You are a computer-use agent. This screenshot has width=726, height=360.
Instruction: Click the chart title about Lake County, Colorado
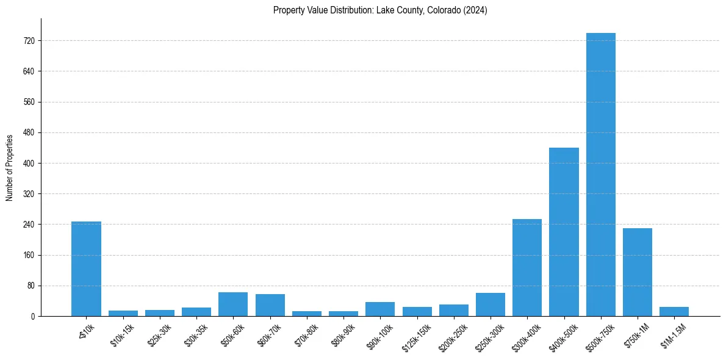click(380, 10)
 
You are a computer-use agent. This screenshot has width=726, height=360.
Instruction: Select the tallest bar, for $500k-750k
click(601, 175)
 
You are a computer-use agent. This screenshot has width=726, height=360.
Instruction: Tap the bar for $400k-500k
click(564, 232)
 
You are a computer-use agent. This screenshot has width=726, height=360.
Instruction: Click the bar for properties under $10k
click(86, 268)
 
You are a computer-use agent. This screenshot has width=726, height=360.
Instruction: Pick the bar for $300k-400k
click(527, 267)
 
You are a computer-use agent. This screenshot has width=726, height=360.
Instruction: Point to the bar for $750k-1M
click(638, 272)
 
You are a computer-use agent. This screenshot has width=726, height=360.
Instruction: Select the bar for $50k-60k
click(233, 304)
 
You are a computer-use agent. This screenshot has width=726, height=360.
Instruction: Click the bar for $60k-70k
click(270, 305)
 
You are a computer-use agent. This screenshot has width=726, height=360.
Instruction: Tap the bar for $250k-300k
click(491, 304)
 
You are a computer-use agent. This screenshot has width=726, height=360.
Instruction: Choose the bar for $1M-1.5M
click(674, 311)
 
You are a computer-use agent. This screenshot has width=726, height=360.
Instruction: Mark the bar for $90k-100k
click(380, 309)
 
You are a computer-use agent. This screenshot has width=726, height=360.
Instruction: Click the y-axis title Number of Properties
click(10, 167)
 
